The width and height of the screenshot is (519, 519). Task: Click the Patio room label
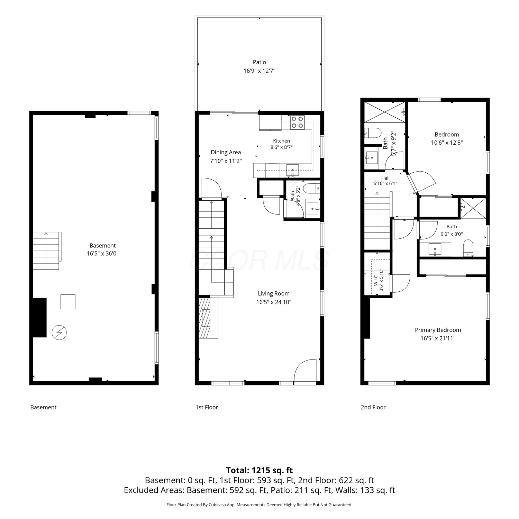pos(259,62)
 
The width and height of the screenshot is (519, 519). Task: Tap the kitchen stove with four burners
pos(297,122)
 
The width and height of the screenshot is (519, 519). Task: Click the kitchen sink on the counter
pos(292,170)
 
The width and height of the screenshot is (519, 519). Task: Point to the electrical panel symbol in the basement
pos(59,333)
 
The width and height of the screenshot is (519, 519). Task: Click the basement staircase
pos(47,251)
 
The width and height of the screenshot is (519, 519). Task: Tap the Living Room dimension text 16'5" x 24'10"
pos(274,302)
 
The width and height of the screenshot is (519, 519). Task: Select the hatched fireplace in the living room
pos(204,318)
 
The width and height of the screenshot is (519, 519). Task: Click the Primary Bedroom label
pos(438,330)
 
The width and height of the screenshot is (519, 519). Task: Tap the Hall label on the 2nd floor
pos(385,178)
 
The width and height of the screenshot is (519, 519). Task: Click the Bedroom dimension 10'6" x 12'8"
pos(447,143)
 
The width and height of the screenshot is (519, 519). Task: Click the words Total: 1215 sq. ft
pos(259,470)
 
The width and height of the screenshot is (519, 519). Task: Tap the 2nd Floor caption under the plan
pos(373,407)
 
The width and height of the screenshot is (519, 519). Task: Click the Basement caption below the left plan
pos(43,407)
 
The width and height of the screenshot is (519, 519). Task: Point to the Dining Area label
pos(226,152)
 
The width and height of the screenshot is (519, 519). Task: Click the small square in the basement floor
pos(68,302)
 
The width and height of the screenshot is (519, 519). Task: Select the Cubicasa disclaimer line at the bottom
pos(259,505)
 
